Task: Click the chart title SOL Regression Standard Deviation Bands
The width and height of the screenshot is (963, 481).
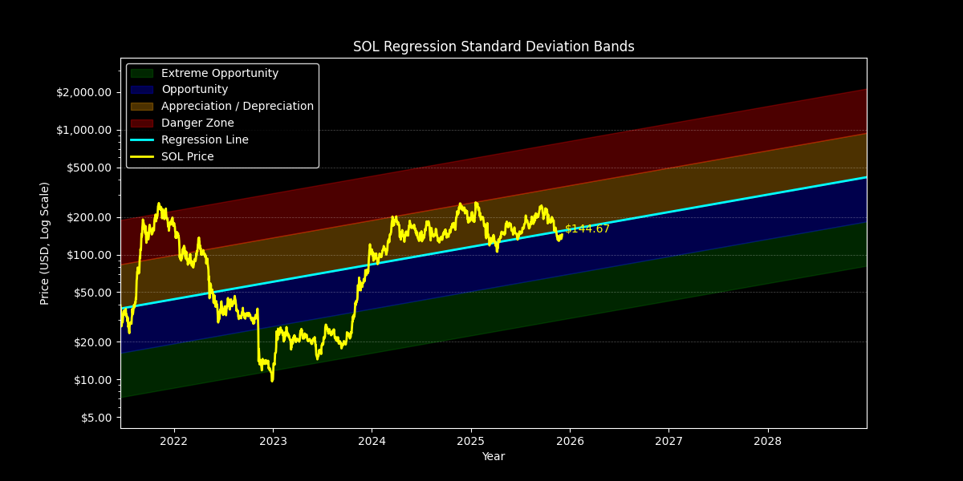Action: click(x=494, y=46)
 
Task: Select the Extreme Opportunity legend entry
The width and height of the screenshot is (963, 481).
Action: click(x=219, y=73)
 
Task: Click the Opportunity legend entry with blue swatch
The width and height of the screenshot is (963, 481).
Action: click(x=194, y=90)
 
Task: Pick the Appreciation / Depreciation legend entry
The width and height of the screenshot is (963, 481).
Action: click(x=237, y=107)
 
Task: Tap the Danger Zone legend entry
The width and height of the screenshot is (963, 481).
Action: click(x=197, y=123)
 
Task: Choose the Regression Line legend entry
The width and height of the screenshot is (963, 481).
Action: click(x=205, y=140)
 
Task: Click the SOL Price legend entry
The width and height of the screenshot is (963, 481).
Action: click(x=187, y=157)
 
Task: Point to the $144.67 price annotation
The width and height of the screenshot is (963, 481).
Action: click(x=587, y=229)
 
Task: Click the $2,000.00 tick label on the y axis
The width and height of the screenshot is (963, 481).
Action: click(x=84, y=92)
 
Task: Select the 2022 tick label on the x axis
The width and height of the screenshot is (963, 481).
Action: click(x=173, y=441)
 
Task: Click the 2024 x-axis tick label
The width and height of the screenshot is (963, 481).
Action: click(x=372, y=441)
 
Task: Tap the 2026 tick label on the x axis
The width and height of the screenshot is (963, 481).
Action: click(x=570, y=441)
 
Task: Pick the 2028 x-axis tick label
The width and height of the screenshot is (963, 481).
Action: click(x=768, y=441)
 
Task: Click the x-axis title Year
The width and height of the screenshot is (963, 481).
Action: click(x=494, y=457)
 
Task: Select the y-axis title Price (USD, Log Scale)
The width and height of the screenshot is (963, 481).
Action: click(x=45, y=243)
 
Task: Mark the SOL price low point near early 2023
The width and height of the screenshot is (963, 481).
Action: click(x=272, y=380)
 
